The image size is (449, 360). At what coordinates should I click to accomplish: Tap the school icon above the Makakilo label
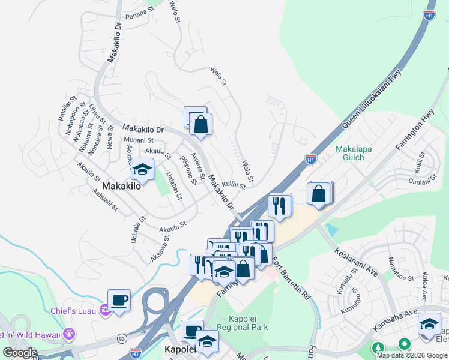pyautogui.click(x=142, y=169)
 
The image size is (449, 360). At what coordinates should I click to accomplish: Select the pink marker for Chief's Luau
pyautogui.click(x=104, y=310)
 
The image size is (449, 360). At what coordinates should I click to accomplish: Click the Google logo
pyautogui.click(x=20, y=352)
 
